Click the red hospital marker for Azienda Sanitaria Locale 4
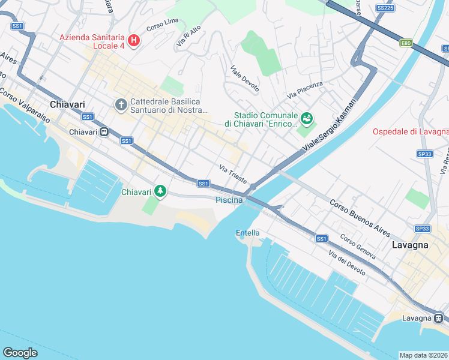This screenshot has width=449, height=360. pos(134,41)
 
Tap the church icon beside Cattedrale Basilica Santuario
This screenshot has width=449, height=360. pos(121,106)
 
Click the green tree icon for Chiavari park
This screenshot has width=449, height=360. pos(160,191)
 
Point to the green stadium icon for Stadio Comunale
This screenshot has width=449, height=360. pos(307,119)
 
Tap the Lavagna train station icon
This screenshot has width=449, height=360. pos(439,317)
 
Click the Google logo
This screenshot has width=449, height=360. pos(20,353)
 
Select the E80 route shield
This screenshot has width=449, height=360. pos(406,43)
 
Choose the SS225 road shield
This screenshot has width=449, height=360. pos(385,8)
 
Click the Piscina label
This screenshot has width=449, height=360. pos(229,200)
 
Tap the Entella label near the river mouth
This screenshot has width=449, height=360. pos(248,233)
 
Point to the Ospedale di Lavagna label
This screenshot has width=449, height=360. pos(411,131)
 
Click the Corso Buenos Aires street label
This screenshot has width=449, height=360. pos(360,217)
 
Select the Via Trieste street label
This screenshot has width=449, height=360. pos(233,174)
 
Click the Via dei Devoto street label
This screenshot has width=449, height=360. pos(346,262)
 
